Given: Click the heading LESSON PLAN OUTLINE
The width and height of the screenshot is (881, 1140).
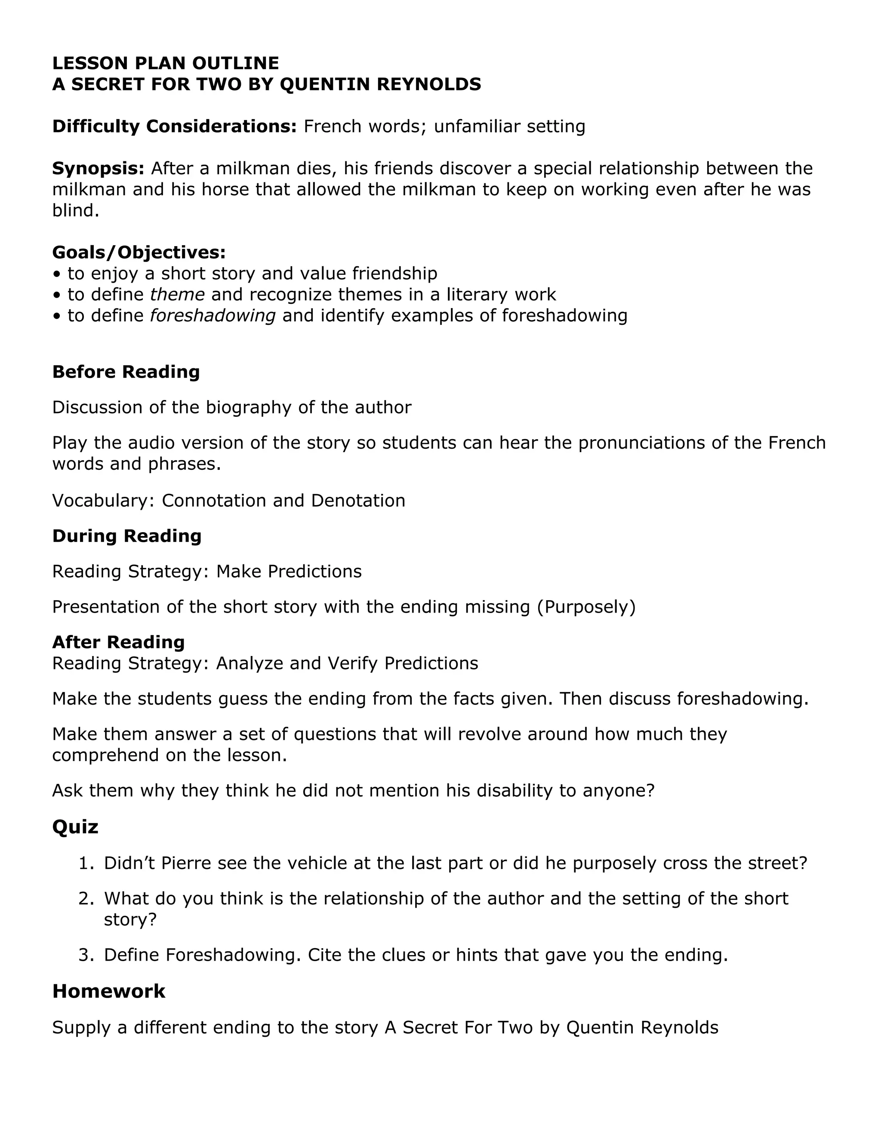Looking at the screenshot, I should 166,63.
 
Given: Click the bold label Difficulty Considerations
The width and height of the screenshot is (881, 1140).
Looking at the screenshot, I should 174,126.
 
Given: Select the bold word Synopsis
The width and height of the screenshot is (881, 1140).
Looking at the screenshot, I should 98,169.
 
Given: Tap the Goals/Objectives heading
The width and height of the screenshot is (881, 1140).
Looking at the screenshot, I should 139,253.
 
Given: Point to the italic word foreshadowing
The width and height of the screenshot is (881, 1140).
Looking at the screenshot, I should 213,316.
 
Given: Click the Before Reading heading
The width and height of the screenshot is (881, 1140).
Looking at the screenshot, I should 126,372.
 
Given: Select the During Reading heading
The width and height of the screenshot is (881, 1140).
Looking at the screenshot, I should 127,536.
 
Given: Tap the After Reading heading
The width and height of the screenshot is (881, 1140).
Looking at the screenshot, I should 118,642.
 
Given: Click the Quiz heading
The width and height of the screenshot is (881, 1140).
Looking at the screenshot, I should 75,827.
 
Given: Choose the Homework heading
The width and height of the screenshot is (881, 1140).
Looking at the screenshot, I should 108,991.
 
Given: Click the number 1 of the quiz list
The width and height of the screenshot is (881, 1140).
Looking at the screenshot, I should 85,863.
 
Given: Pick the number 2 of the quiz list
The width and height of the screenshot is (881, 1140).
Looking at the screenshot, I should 85,899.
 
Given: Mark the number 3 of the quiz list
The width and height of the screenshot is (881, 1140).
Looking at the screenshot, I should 85,955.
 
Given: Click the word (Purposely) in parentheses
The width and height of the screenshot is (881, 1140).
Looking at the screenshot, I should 586,607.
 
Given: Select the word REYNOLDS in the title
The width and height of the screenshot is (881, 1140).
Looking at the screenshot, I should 428,84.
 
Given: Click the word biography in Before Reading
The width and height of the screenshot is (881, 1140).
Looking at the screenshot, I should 249,407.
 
